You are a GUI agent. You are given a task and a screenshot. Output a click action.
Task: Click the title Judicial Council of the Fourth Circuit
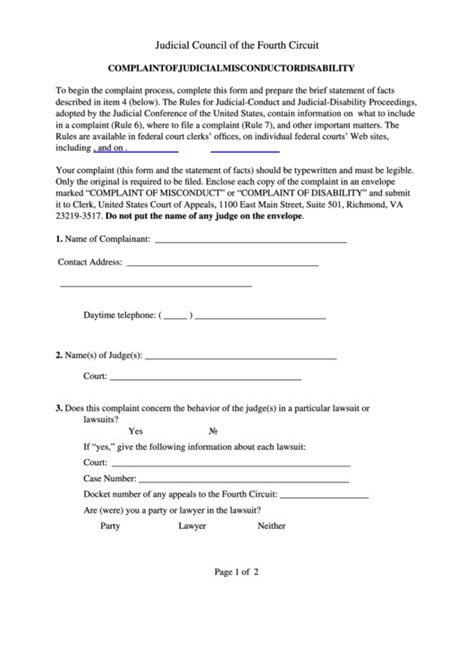(x=237, y=46)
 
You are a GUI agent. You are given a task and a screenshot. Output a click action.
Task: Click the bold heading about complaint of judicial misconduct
(x=237, y=68)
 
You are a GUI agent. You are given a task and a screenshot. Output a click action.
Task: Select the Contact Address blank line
(x=222, y=265)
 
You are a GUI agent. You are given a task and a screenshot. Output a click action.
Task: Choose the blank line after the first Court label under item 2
(x=205, y=379)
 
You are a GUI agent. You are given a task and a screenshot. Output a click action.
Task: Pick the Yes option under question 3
(x=136, y=431)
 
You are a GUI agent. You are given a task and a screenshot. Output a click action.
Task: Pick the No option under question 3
(x=213, y=431)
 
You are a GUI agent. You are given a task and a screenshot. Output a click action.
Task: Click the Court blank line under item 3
(x=231, y=465)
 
